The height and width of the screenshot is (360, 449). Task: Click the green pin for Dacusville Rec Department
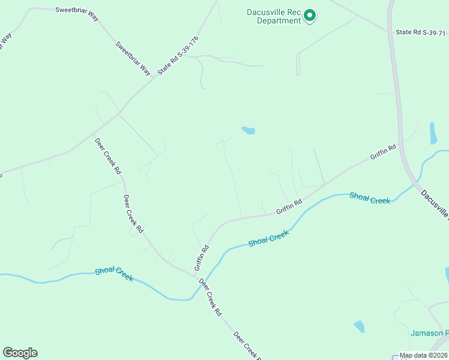tap(310, 15)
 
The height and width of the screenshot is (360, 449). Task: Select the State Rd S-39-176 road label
tap(178, 55)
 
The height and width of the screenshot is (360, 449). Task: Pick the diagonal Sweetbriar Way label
tap(133, 58)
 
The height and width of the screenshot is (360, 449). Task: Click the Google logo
tap(20, 353)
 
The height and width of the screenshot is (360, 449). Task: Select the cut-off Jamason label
tap(429, 334)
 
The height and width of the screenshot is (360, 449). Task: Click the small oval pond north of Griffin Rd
tap(248, 130)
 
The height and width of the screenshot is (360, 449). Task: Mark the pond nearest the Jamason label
tap(359, 326)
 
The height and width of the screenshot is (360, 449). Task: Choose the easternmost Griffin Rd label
tap(383, 152)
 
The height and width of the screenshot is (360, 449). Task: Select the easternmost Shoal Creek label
tap(370, 199)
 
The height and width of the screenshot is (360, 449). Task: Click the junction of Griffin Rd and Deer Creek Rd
tap(196, 275)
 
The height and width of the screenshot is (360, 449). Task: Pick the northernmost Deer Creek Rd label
tap(108, 156)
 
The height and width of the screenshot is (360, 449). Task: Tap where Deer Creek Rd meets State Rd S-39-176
tap(118, 113)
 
